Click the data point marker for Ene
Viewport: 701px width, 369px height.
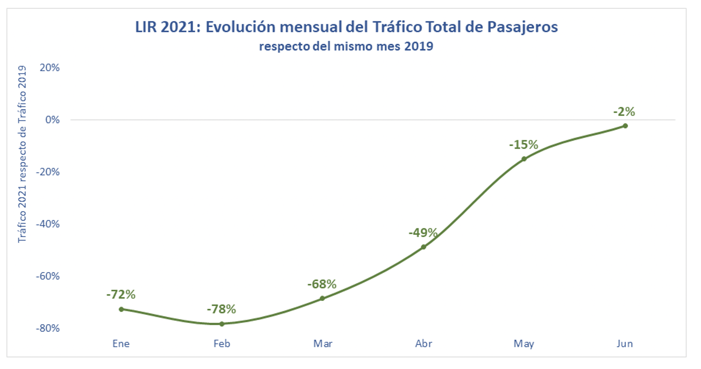click(x=121, y=309)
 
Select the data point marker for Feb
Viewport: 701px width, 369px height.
click(x=222, y=324)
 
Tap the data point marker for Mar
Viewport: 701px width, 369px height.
click(x=322, y=298)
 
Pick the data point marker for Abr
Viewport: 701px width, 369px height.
click(x=423, y=247)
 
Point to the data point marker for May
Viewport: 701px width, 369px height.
click(x=524, y=159)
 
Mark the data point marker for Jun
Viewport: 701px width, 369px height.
click(x=625, y=126)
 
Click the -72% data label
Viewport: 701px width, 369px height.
click(x=121, y=294)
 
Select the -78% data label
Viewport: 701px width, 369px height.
click(x=222, y=309)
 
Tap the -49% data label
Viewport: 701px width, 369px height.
click(x=423, y=232)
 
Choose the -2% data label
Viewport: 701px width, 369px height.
click(x=624, y=111)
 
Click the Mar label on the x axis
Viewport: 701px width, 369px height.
click(x=323, y=344)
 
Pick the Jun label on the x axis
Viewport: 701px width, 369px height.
click(x=625, y=344)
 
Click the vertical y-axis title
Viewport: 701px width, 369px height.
click(x=21, y=154)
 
